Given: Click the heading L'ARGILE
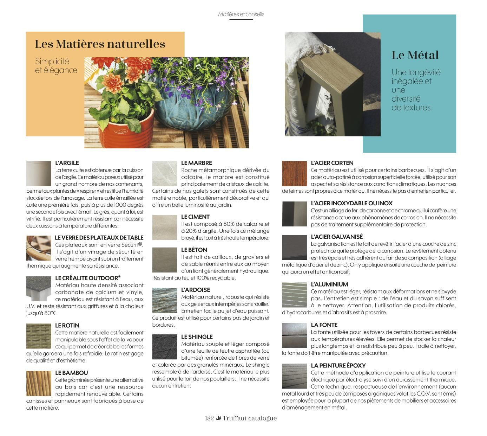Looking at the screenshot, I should click(x=67, y=163).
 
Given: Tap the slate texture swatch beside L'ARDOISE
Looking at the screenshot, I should click(x=164, y=300).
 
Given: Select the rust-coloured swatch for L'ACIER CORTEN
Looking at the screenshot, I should click(x=294, y=173).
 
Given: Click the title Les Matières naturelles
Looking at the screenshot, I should click(x=100, y=44).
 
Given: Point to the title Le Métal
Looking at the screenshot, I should click(x=415, y=55).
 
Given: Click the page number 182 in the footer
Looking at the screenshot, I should click(x=209, y=418).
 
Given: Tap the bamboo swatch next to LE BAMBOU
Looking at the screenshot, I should click(x=39, y=383).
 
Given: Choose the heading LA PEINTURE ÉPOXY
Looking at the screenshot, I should click(x=338, y=365).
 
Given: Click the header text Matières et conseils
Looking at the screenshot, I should click(x=241, y=14).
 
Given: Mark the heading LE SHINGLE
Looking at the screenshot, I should click(x=197, y=336).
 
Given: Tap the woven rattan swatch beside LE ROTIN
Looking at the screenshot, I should click(x=39, y=336).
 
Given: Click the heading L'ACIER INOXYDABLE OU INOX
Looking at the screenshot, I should click(x=351, y=203).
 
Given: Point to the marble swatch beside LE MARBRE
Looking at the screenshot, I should click(x=164, y=173).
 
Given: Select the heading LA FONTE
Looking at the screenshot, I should click(x=324, y=325).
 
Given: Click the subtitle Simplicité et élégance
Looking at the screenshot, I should click(x=56, y=66).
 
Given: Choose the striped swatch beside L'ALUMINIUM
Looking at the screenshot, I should click(x=294, y=295).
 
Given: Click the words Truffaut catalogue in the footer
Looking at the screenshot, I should click(x=250, y=418).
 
